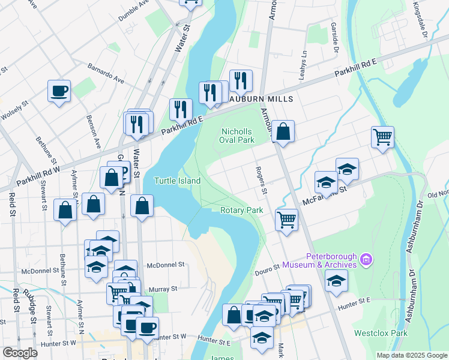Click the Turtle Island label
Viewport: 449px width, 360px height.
pyautogui.click(x=177, y=181)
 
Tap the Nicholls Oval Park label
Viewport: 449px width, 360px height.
pyautogui.click(x=238, y=136)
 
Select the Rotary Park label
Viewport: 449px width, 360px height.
pyautogui.click(x=242, y=211)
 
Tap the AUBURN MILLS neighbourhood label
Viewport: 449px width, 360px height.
pyautogui.click(x=259, y=99)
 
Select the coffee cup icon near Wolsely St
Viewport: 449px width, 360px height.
pyautogui.click(x=59, y=91)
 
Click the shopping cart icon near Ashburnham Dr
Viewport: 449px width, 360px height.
pyautogui.click(x=382, y=137)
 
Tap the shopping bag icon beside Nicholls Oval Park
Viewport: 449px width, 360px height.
pyautogui.click(x=283, y=131)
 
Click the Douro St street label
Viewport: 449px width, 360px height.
pyautogui.click(x=269, y=266)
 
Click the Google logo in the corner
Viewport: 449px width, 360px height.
pyautogui.click(x=20, y=353)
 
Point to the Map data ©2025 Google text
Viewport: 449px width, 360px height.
pyautogui.click(x=411, y=355)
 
